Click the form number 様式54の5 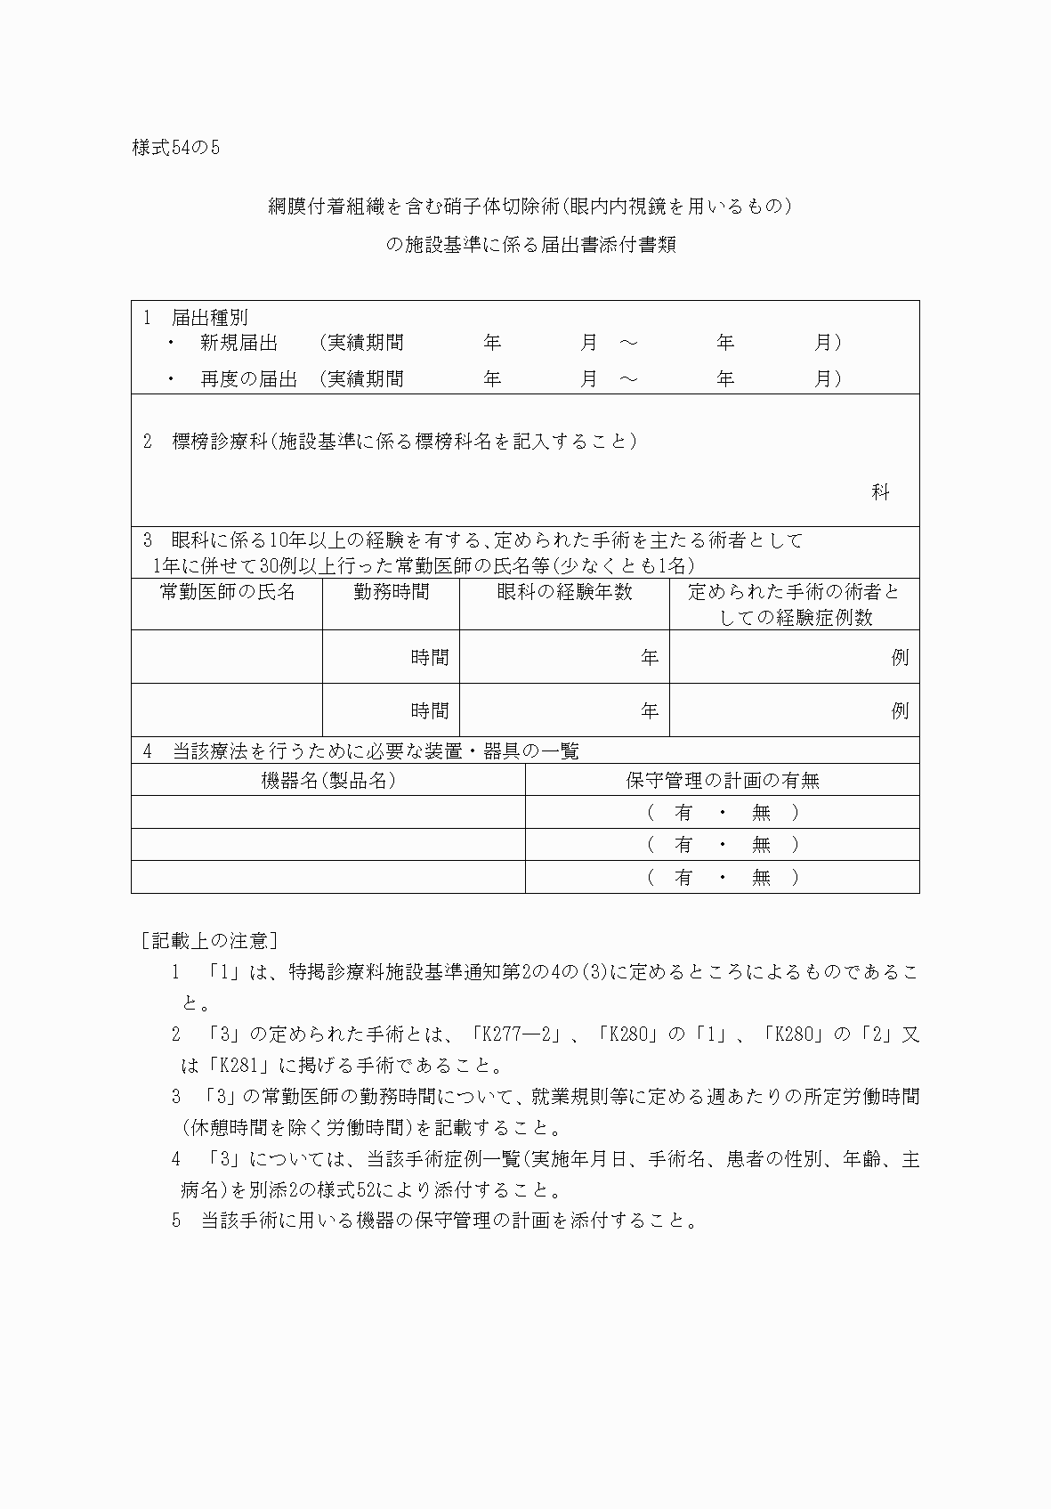pos(175,149)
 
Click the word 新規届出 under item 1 pos(238,343)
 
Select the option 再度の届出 pos(248,379)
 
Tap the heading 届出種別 pos(209,317)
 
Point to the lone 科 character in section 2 pos(880,492)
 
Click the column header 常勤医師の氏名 pos(227,592)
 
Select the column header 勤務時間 pos(391,592)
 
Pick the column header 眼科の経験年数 pos(564,592)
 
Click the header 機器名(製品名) pos(327,781)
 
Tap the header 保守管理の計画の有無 pos(722,781)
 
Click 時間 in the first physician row pos(430,658)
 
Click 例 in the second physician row pos(900,711)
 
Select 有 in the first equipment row pos(683,813)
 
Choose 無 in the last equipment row pos(761,878)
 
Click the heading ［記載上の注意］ pos(210,940)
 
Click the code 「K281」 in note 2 pos(236,1066)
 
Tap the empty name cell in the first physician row pos(227,658)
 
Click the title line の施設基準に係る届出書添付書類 pos(530,245)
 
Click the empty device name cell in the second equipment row pos(327,845)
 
